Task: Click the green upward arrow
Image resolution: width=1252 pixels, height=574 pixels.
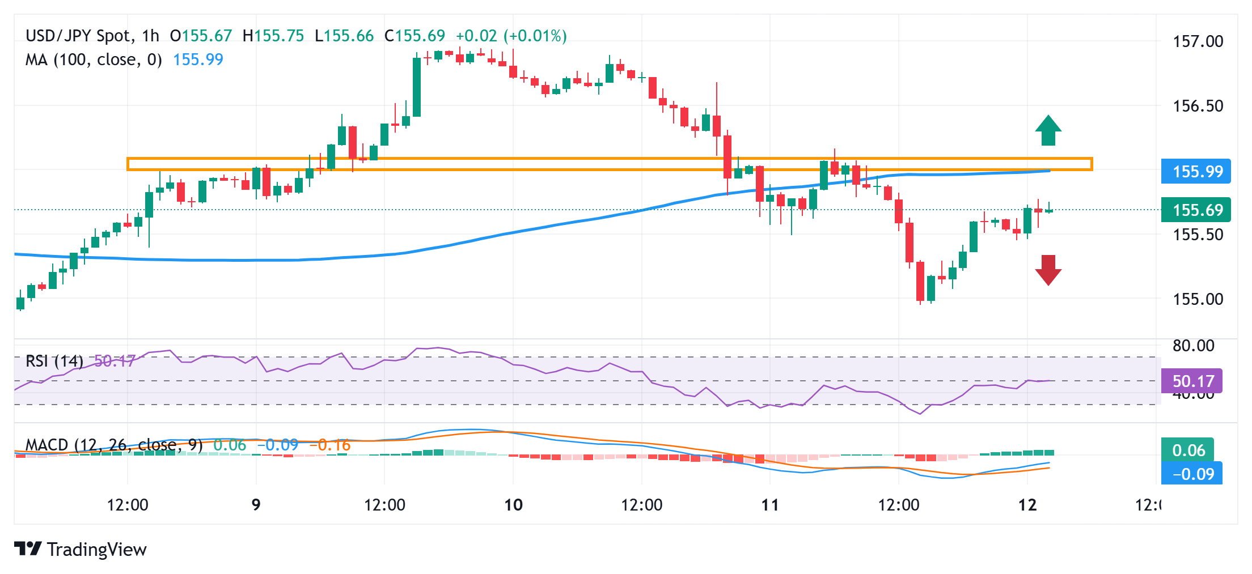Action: tap(1048, 131)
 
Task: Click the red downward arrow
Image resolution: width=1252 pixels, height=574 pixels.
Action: tap(1048, 270)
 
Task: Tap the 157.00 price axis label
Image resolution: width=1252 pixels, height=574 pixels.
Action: tap(1198, 41)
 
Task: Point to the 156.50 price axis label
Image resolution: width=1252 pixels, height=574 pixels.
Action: tap(1198, 106)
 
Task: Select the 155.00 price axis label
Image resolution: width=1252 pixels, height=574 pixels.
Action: tap(1198, 299)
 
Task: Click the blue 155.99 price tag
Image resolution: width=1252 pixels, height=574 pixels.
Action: tap(1196, 171)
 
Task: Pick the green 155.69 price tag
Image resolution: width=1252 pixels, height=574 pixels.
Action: tap(1196, 210)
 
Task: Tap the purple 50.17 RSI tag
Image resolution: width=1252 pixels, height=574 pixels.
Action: tap(1191, 381)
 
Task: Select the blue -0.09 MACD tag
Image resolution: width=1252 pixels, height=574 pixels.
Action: tap(1191, 474)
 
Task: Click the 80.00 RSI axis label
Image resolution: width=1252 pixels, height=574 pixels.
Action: tap(1193, 346)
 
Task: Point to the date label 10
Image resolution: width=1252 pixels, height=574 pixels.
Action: tap(513, 505)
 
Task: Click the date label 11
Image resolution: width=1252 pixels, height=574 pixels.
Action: tap(770, 505)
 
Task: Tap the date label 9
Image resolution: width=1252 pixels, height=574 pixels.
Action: tap(256, 505)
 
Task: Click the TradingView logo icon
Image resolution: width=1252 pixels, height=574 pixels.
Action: tap(28, 549)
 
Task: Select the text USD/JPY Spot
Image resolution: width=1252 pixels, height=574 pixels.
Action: tap(78, 36)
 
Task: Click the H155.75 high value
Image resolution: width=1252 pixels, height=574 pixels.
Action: tap(273, 36)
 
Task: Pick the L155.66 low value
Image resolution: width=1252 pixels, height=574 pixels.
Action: tap(344, 36)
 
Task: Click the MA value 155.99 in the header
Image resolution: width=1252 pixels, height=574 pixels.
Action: tap(198, 59)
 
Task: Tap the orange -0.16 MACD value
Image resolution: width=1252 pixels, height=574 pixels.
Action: tap(330, 445)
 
